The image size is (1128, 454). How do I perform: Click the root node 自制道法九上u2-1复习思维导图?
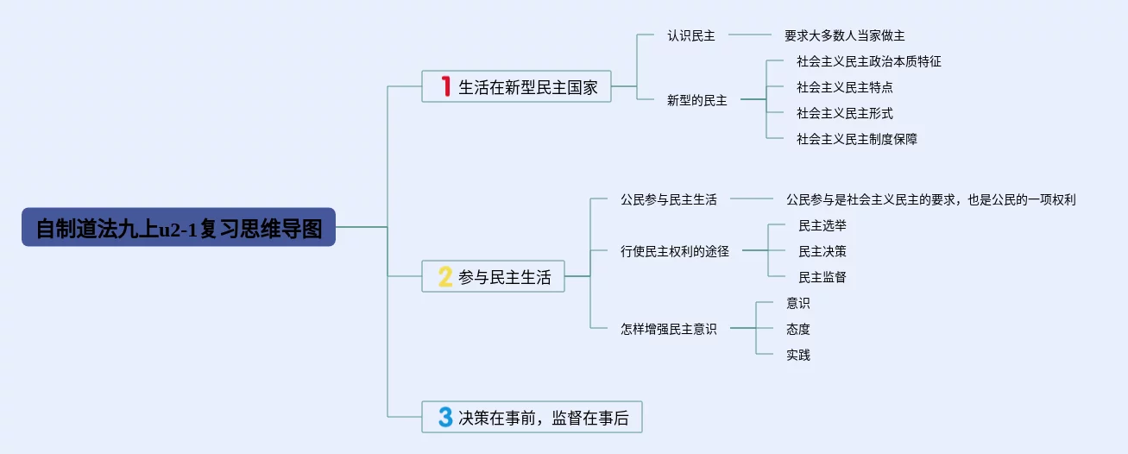pyautogui.click(x=178, y=227)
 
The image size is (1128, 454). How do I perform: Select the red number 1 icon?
pyautogui.click(x=446, y=86)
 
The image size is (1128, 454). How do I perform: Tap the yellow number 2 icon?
pyautogui.click(x=445, y=276)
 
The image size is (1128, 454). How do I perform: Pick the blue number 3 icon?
pyautogui.click(x=445, y=418)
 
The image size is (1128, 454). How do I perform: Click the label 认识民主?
pyautogui.click(x=691, y=35)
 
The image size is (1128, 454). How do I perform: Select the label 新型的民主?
pyautogui.click(x=697, y=100)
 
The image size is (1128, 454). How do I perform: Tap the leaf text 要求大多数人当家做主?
pyautogui.click(x=844, y=35)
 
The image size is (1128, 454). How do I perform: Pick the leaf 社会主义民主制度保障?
pyautogui.click(x=856, y=139)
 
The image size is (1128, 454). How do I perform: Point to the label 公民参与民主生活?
pyautogui.click(x=669, y=199)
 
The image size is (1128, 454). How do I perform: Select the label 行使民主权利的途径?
pyautogui.click(x=675, y=251)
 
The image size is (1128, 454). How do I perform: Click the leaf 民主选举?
pyautogui.click(x=822, y=225)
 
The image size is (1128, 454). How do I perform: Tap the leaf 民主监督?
pyautogui.click(x=822, y=277)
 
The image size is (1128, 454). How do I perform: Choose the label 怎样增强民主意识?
pyautogui.click(x=669, y=329)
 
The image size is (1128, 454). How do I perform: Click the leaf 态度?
pyautogui.click(x=798, y=329)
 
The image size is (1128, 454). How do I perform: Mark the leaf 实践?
pyautogui.click(x=798, y=355)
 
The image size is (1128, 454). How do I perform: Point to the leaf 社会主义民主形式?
pyautogui.click(x=844, y=113)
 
